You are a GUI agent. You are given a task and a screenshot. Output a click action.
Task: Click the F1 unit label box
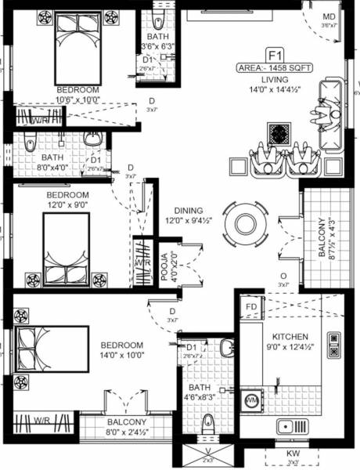[275, 55]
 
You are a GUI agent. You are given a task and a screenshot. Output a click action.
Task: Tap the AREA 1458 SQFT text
[275, 68]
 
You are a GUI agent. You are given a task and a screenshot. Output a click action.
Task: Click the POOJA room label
[165, 267]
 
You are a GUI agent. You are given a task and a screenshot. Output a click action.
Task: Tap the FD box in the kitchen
[251, 306]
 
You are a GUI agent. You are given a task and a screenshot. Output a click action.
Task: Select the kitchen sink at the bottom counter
[293, 428]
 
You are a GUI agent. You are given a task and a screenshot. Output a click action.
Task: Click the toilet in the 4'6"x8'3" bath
[208, 425]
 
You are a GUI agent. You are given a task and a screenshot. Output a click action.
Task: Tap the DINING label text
[183, 211]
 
